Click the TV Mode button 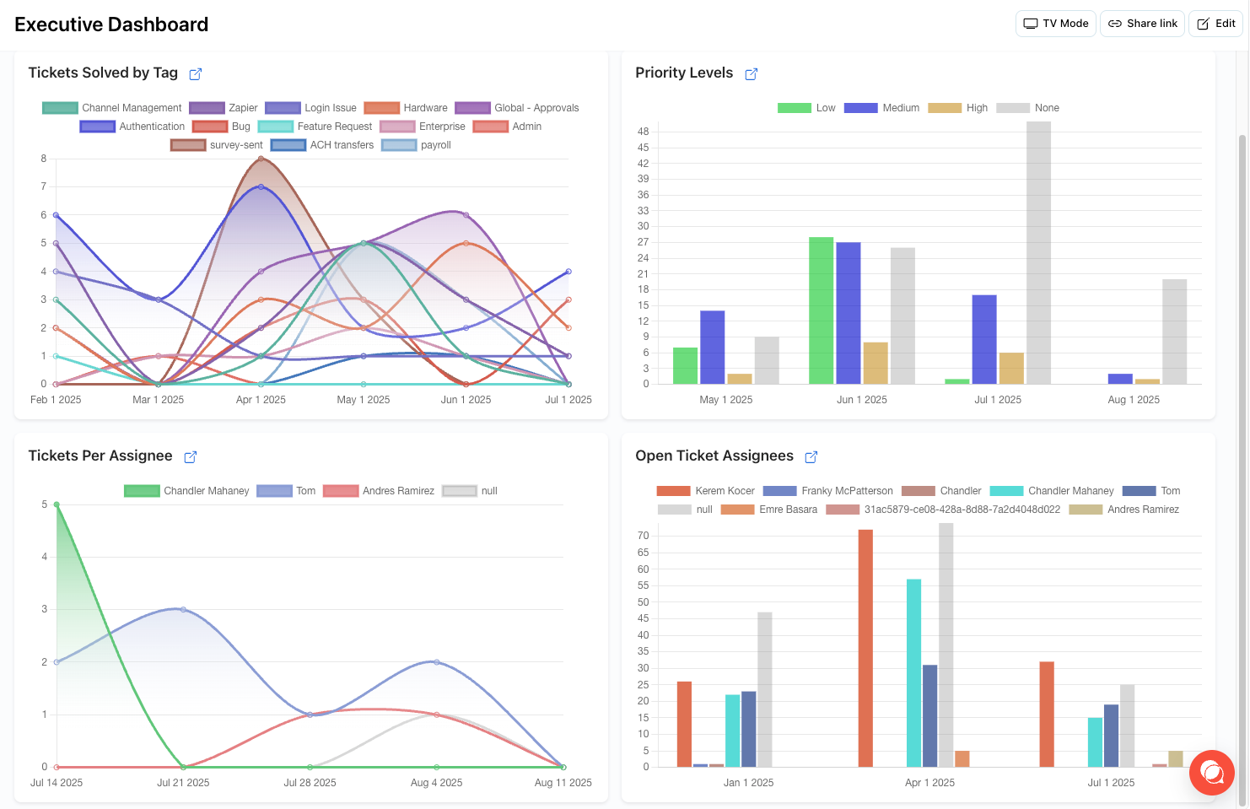1055,24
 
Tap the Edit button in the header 1215,24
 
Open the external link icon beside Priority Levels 751,74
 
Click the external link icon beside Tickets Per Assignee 191,457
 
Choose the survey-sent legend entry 218,145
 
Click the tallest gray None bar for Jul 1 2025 1038,253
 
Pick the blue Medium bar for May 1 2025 712,348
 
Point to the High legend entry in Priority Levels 958,108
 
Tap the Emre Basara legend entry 769,510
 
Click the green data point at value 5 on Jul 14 57,504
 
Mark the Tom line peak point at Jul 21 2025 183,609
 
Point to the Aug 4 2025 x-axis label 436,783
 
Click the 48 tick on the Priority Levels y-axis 644,132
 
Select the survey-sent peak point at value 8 261,159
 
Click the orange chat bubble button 1211,772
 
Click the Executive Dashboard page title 111,24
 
